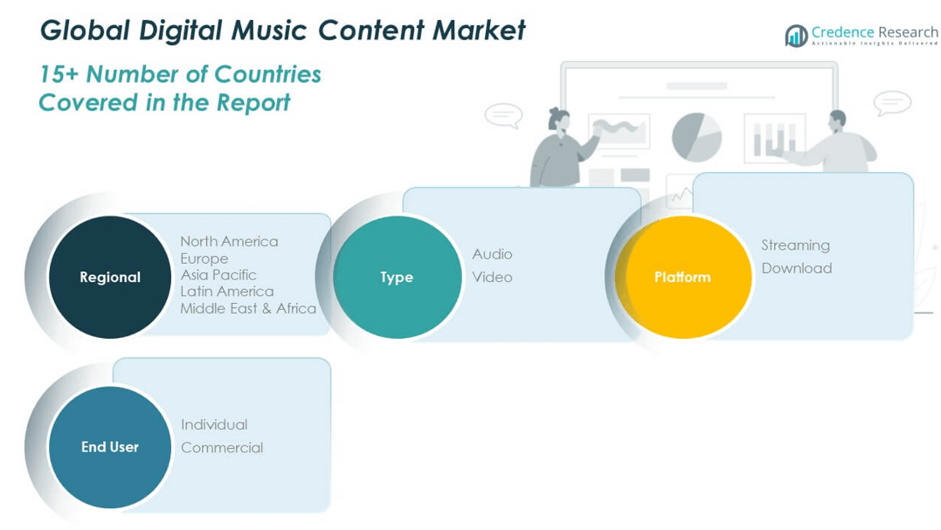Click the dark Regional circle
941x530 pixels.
click(110, 277)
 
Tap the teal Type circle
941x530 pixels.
click(397, 277)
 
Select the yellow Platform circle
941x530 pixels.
click(683, 277)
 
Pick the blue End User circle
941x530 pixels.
click(110, 447)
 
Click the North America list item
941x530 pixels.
click(229, 241)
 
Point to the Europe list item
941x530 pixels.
click(204, 258)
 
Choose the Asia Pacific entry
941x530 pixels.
click(218, 274)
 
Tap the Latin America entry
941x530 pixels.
click(227, 292)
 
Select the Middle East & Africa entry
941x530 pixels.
click(248, 308)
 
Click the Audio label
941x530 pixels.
click(492, 254)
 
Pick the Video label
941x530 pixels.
click(492, 277)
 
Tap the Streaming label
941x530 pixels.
click(796, 245)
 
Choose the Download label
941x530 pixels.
click(796, 268)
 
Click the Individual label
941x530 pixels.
click(214, 424)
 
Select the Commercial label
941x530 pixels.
click(222, 447)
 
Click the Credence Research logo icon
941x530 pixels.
click(796, 36)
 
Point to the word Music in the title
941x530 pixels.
click(269, 30)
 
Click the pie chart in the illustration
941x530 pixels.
click(696, 137)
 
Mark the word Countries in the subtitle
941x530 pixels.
click(267, 74)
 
